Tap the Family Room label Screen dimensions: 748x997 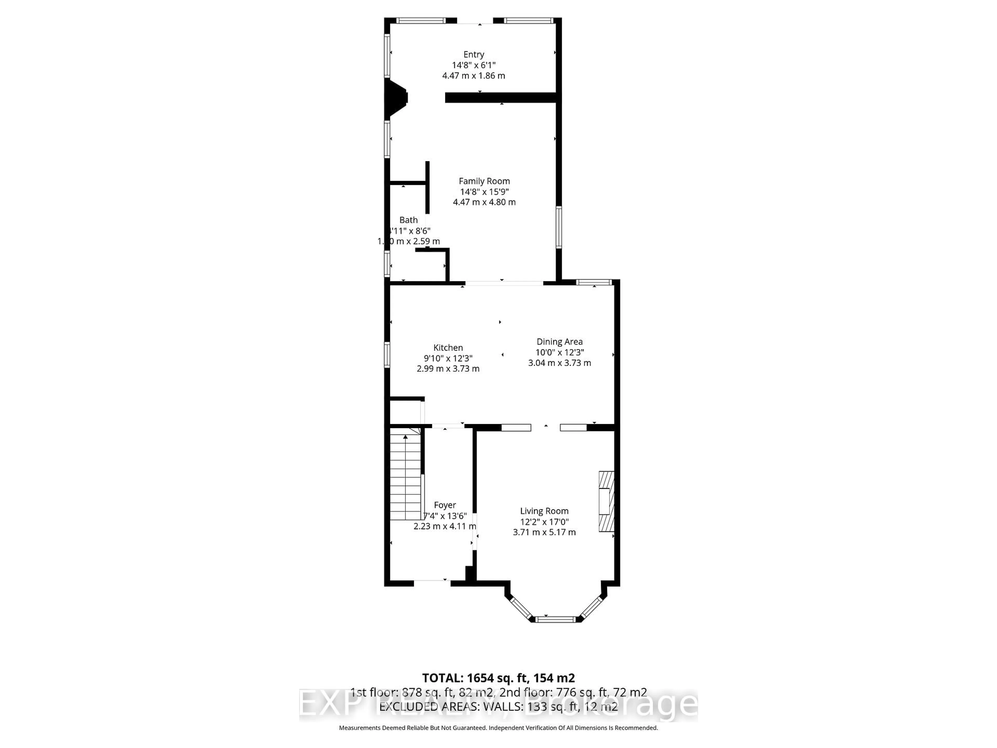[484, 181]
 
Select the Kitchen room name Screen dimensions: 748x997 [448, 348]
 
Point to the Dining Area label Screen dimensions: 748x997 [559, 342]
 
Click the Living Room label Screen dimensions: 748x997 [544, 511]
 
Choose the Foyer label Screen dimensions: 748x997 [445, 505]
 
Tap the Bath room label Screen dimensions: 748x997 [408, 220]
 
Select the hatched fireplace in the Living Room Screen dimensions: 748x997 [606, 501]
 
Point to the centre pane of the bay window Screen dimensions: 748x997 [555, 619]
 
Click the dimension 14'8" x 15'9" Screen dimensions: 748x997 [484, 192]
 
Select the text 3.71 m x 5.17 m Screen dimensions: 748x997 [544, 532]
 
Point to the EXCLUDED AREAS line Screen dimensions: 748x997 [498, 706]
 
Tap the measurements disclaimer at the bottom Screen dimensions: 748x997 [498, 728]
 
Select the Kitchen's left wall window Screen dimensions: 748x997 [387, 355]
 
